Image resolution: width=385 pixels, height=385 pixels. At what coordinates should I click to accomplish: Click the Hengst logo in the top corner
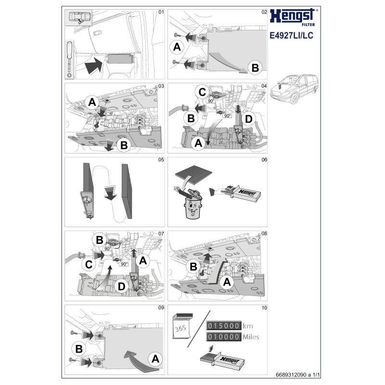pos(293,17)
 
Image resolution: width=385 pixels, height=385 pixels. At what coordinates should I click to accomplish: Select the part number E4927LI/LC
pos(292,35)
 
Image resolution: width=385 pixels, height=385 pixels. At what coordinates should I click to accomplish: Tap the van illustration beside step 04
pos(294,89)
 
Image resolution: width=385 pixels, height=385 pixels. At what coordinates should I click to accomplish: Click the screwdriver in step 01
pos(70,60)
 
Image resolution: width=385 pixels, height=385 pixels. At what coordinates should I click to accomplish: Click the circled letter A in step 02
pos(177,47)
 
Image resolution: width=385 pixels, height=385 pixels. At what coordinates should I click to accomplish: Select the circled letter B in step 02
pos(255,68)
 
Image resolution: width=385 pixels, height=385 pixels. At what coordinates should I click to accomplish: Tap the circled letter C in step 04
pos(202,92)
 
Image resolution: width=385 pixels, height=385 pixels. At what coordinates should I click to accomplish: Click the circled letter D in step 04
pos(249,119)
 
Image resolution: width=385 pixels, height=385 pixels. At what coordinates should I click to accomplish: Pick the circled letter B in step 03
pos(124,145)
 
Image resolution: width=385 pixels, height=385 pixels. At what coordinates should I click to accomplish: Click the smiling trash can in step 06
pos(192,204)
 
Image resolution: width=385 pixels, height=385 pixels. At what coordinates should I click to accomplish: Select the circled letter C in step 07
pos(89,264)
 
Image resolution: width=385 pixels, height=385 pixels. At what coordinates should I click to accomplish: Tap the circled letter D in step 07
pos(122,286)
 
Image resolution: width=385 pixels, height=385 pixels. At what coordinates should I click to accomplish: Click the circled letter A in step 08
pos(227,282)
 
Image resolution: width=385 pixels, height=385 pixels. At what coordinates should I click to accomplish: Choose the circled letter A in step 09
pos(155,359)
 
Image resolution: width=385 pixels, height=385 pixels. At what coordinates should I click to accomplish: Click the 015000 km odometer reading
pos(230,326)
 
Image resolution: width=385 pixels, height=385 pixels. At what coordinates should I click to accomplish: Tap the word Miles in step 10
pos(251,336)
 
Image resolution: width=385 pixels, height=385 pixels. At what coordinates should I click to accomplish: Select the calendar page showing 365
pos(182,326)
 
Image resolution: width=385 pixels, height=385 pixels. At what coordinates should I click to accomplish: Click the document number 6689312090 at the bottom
pos(291,375)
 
